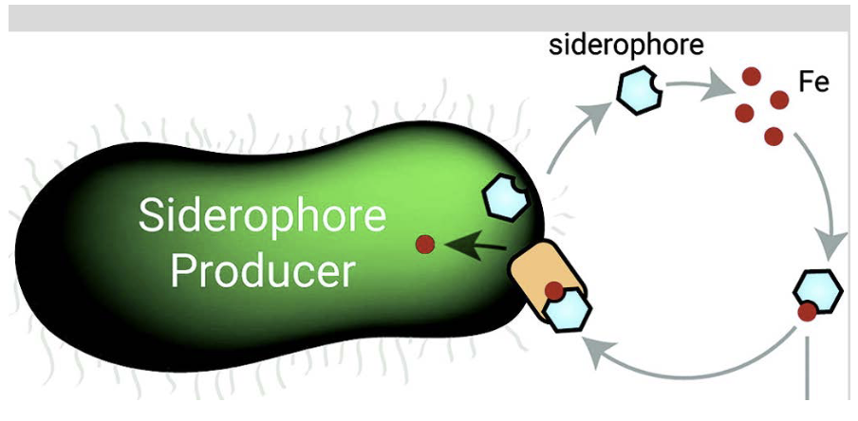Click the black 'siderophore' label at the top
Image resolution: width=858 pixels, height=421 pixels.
[x=625, y=46]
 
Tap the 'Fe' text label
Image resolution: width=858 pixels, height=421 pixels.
[x=813, y=82]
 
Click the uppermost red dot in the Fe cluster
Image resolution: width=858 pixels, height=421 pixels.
[x=752, y=76]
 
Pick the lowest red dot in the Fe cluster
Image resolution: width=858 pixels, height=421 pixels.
[x=774, y=136]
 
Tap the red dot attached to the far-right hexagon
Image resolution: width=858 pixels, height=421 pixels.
[x=806, y=310]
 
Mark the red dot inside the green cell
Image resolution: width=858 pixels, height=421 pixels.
[x=425, y=245]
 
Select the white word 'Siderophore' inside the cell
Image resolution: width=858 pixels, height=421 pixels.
[x=263, y=216]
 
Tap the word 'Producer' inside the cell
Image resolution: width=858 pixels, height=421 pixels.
[x=262, y=272]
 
